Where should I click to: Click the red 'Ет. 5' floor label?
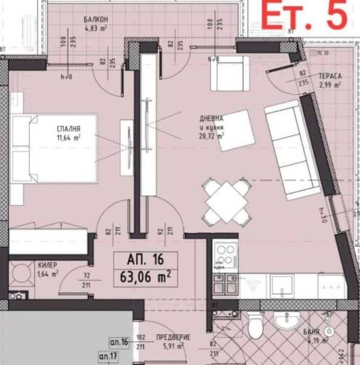click(303, 16)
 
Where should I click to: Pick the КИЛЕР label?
click(47, 264)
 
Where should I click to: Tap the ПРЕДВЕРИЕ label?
click(173, 337)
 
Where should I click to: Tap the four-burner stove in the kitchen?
click(226, 256)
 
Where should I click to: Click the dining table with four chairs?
click(225, 200)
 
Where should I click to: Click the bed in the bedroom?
click(55, 149)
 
